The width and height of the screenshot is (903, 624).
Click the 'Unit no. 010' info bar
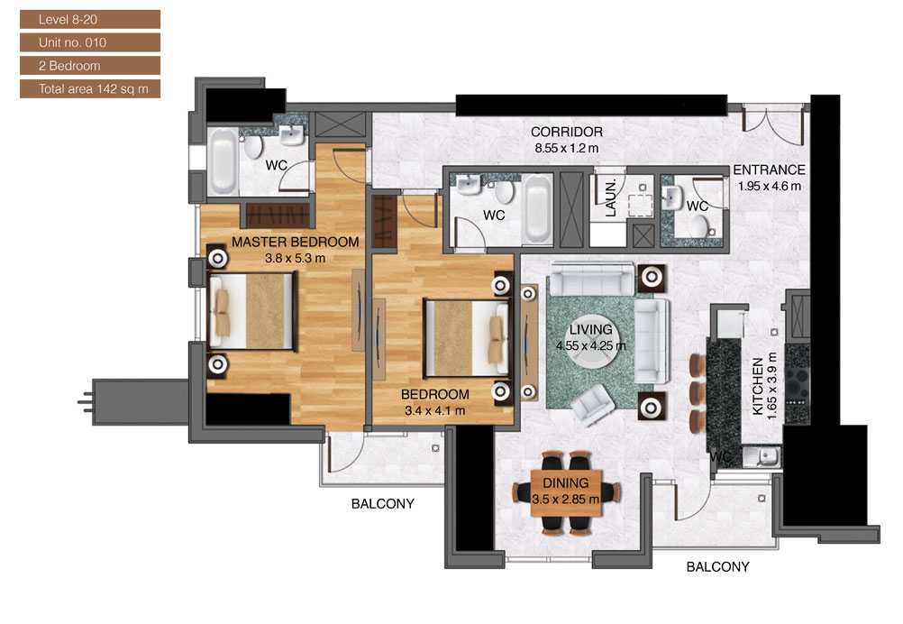click(89, 42)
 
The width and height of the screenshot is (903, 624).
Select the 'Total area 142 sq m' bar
click(89, 89)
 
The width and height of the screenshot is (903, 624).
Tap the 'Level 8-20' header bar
click(89, 19)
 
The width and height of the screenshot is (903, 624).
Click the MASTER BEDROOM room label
click(295, 242)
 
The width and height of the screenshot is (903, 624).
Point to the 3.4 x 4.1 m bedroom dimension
click(433, 410)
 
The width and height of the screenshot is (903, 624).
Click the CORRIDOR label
click(566, 133)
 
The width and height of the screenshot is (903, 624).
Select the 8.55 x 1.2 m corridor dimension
click(566, 148)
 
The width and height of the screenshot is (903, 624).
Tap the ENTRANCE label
click(769, 170)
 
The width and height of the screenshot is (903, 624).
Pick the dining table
click(566, 492)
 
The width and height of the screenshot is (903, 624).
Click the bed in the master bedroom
click(251, 311)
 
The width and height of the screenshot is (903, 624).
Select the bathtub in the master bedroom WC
click(222, 161)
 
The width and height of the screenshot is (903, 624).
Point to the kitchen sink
click(765, 456)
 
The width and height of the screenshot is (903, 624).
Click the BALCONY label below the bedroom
click(382, 504)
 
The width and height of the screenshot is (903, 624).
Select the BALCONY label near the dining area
click(717, 567)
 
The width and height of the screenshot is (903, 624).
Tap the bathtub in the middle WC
click(538, 209)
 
